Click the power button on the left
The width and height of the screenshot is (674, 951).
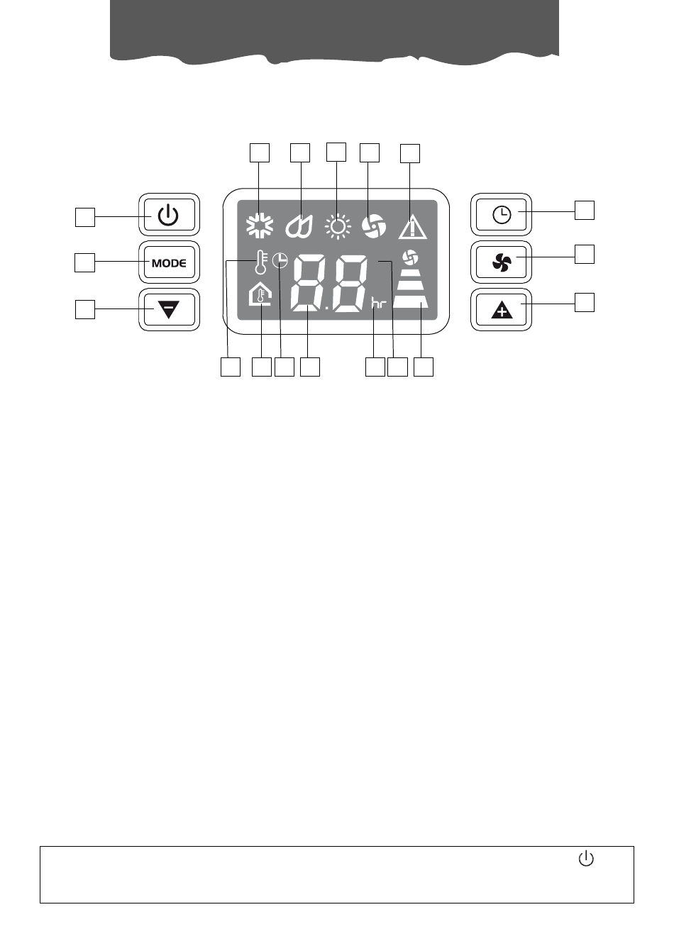[x=169, y=214]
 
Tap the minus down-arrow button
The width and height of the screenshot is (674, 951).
[x=169, y=309]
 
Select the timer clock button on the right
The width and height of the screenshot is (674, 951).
[x=502, y=214]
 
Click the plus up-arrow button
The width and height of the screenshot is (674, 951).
[x=502, y=310]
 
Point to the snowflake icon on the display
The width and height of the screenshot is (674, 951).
[x=260, y=226]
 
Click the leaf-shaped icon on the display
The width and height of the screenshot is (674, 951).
[x=299, y=226]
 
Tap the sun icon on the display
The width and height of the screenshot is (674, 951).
[x=337, y=226]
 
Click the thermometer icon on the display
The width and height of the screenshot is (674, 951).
[x=260, y=262]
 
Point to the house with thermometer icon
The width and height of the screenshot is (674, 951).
[x=260, y=294]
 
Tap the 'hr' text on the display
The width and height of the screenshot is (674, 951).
[x=379, y=304]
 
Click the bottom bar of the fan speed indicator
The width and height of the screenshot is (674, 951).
[x=411, y=301]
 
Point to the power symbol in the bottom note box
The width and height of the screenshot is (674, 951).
[x=586, y=859]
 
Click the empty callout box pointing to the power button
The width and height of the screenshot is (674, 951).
[x=85, y=217]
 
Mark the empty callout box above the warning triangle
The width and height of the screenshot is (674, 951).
[x=410, y=154]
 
